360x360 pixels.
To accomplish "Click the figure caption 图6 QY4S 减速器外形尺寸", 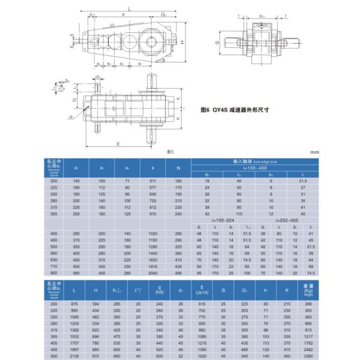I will (235, 110).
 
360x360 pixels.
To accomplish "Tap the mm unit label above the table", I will (314, 152).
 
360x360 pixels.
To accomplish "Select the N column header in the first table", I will (178, 167).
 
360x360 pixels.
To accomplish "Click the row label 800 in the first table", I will (55, 272).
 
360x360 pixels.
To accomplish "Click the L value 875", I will (74, 304).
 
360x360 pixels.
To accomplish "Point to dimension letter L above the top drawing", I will (130, 8).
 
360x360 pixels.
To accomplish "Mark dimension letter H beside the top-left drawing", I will (181, 43).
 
